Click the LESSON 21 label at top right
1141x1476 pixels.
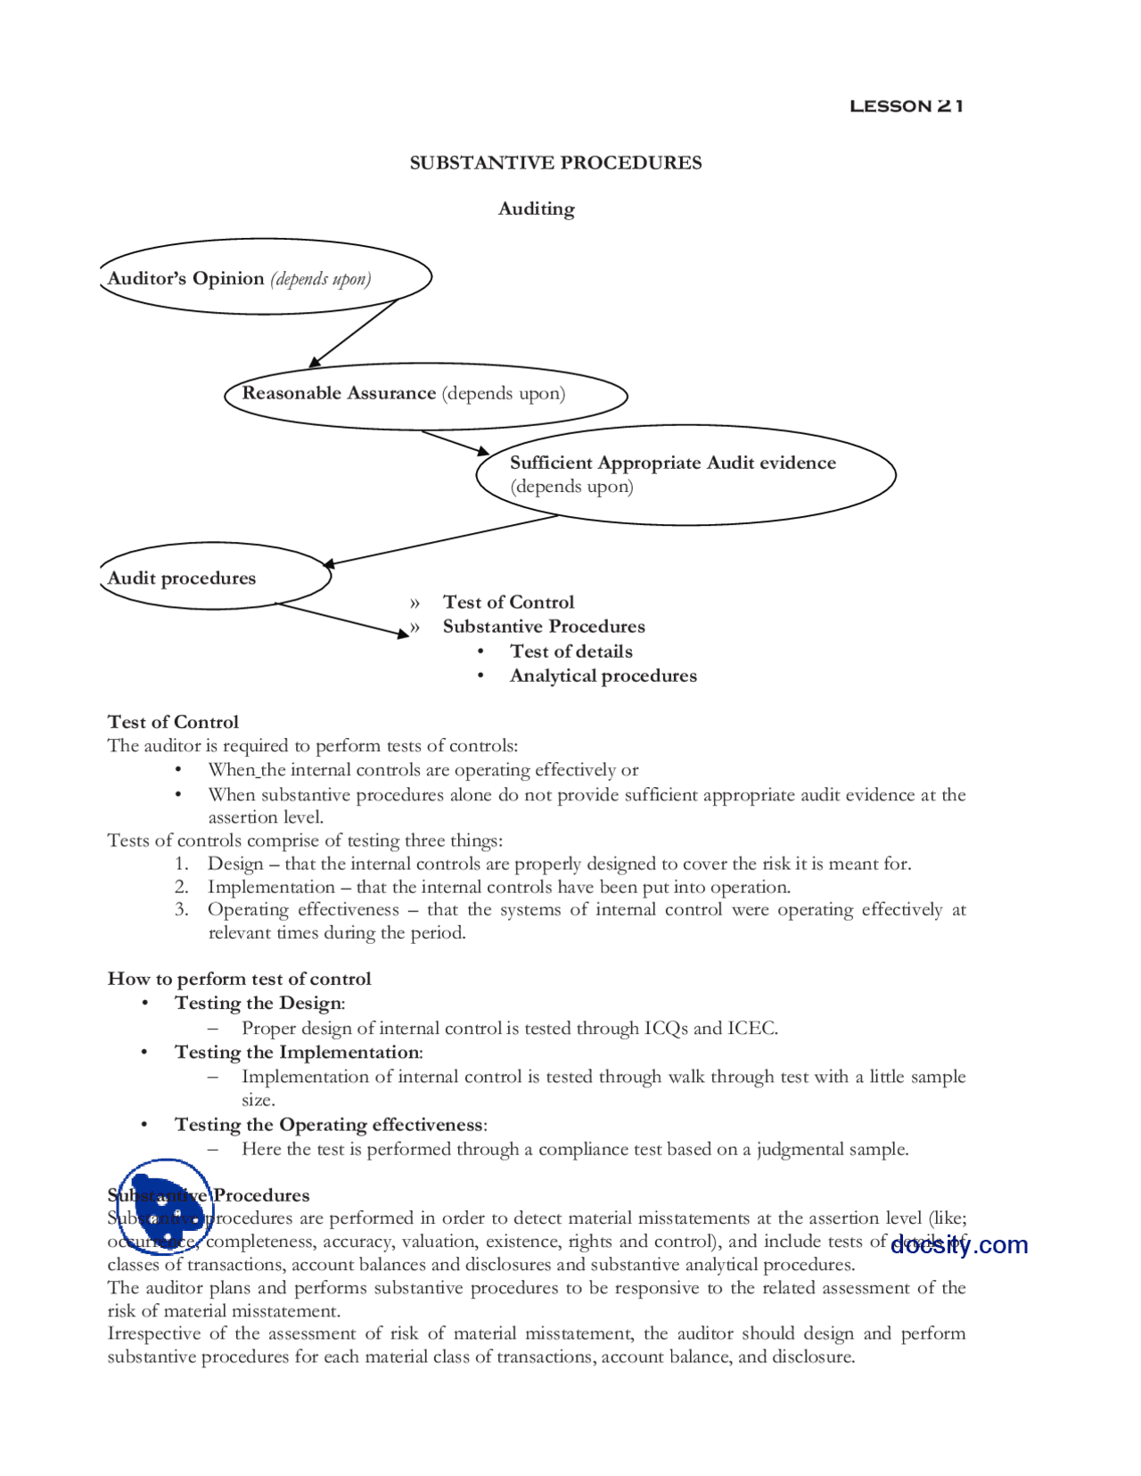coord(906,106)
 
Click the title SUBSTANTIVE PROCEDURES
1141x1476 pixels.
coord(555,163)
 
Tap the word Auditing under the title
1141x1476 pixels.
coord(536,209)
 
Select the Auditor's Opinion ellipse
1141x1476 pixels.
coord(265,277)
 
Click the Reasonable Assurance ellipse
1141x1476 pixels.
coord(425,395)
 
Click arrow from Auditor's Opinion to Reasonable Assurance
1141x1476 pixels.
coord(355,332)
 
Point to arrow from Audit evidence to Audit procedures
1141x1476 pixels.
coord(441,540)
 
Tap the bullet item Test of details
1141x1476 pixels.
coord(570,652)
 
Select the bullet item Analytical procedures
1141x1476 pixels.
coord(603,676)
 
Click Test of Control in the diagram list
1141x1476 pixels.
coord(508,603)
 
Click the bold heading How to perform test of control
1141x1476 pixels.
coord(239,979)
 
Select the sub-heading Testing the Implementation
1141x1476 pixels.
coord(298,1053)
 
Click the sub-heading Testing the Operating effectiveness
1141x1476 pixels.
coord(330,1125)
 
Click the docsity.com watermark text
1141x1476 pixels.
coord(959,1245)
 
